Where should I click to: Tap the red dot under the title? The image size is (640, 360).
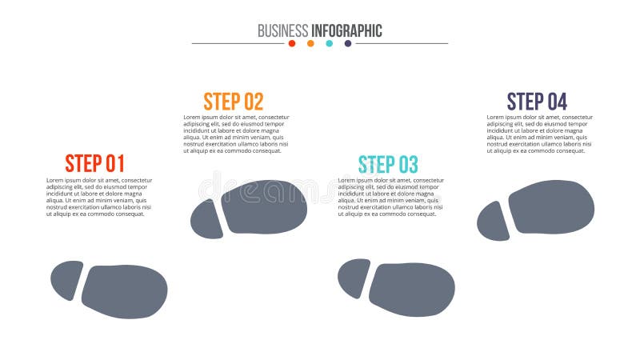(x=292, y=43)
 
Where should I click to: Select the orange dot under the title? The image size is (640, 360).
(x=310, y=43)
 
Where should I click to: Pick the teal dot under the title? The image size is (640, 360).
(x=329, y=43)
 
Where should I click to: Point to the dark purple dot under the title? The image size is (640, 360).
(x=347, y=43)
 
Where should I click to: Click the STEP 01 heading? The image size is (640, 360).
(x=94, y=163)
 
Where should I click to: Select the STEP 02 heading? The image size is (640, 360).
(x=233, y=102)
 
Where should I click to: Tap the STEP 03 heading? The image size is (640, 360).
(x=388, y=165)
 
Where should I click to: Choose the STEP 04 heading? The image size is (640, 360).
(x=537, y=102)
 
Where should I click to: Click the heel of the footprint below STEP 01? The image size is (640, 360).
(x=66, y=281)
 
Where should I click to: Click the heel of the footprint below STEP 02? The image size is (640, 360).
(x=206, y=219)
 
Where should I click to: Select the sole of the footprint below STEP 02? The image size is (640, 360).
(x=264, y=206)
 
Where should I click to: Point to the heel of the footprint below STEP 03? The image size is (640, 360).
(x=354, y=278)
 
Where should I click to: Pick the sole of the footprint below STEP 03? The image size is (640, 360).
(x=412, y=289)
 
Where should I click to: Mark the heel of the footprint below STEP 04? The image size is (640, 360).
(x=493, y=221)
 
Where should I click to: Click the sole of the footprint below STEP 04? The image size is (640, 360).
(x=551, y=206)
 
